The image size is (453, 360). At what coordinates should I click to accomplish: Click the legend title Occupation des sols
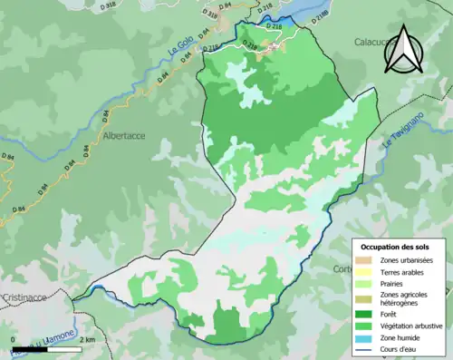[x=396, y=247]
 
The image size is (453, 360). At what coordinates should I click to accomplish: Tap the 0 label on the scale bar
[x=14, y=339]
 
